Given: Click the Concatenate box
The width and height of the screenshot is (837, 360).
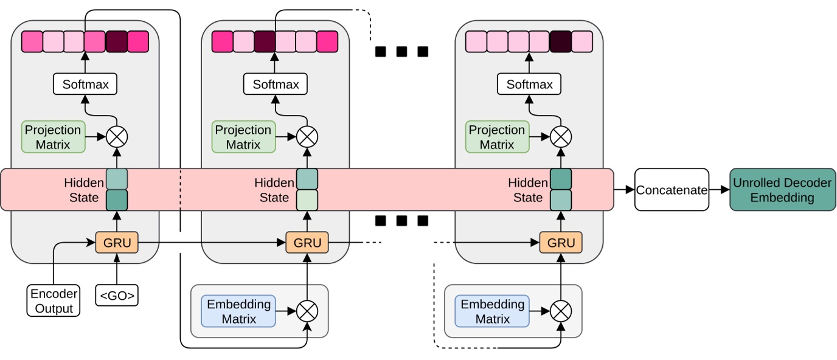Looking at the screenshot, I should pyautogui.click(x=672, y=190).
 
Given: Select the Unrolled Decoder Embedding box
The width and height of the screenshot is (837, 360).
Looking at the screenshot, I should pyautogui.click(x=782, y=190).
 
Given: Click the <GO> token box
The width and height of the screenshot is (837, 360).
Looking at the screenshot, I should pyautogui.click(x=116, y=296).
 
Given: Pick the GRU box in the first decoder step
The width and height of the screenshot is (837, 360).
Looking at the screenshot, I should pyautogui.click(x=117, y=243).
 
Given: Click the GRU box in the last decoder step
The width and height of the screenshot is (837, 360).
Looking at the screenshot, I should pyautogui.click(x=561, y=243).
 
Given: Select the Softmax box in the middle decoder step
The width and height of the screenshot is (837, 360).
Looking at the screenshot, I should pyautogui.click(x=276, y=84).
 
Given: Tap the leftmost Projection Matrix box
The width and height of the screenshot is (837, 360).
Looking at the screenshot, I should pyautogui.click(x=53, y=137).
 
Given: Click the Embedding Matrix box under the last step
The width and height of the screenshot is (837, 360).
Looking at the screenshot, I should pyautogui.click(x=491, y=311).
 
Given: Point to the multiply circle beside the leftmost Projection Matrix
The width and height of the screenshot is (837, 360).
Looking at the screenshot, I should pyautogui.click(x=117, y=137).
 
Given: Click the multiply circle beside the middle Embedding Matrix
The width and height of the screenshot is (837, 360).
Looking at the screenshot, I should pyautogui.click(x=307, y=311).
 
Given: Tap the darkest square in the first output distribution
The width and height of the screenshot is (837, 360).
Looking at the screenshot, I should pyautogui.click(x=117, y=41).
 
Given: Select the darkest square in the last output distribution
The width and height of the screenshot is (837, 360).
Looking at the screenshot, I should pyautogui.click(x=560, y=41).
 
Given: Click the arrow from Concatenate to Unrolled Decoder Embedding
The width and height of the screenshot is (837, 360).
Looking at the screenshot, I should pyautogui.click(x=720, y=190).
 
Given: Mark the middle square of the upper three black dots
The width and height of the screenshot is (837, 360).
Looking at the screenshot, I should pyautogui.click(x=401, y=52).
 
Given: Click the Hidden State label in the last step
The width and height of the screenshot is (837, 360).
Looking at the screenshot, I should pyautogui.click(x=527, y=190).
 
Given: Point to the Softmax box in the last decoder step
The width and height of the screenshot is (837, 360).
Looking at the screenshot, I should pyautogui.click(x=529, y=84).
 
